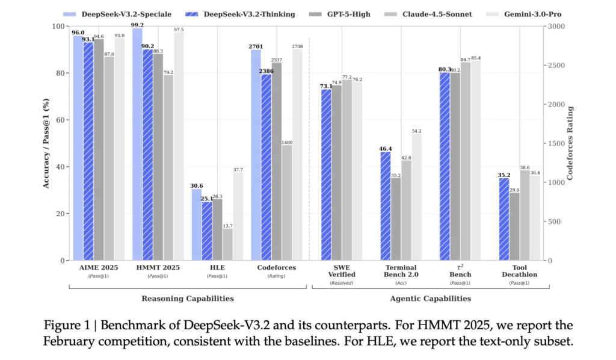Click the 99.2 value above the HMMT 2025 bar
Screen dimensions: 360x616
tap(138, 25)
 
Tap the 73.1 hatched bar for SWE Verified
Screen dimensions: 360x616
tap(325, 175)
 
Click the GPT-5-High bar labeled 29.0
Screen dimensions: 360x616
tap(514, 226)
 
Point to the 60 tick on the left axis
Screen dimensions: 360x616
tap(61, 120)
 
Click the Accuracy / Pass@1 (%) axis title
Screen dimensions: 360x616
tap(46, 143)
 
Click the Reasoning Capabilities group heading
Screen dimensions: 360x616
tap(188, 298)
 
